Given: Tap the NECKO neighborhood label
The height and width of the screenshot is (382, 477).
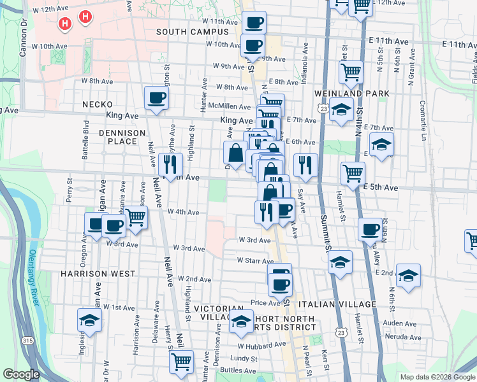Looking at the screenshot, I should (97, 104).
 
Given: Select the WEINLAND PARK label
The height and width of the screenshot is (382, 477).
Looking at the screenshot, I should (346, 94).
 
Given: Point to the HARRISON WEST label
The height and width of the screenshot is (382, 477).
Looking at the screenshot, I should (98, 273).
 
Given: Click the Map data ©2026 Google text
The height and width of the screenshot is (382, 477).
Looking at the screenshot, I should (437, 377).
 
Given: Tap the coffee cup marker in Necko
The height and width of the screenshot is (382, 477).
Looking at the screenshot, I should (156, 99).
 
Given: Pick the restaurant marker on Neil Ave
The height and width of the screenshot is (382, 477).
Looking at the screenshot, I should (170, 165).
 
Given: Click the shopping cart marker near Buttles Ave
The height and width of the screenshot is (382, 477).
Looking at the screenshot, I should (182, 361).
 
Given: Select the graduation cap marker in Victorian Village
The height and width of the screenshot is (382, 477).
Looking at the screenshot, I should (240, 323).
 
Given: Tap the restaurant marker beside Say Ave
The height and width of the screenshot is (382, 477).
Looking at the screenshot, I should (305, 166).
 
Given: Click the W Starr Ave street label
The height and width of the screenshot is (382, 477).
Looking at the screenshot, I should (255, 260).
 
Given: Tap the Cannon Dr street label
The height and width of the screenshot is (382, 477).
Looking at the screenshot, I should (24, 38).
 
